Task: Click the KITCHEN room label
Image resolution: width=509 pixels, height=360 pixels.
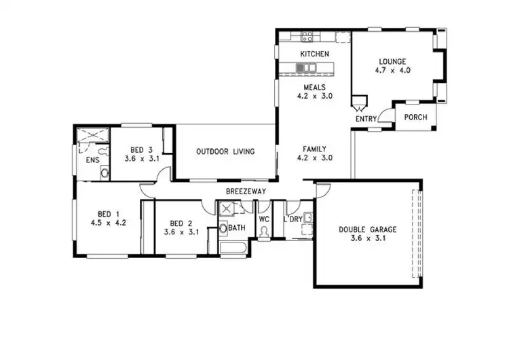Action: click(x=314, y=54)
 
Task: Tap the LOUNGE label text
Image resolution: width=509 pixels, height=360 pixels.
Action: click(x=392, y=60)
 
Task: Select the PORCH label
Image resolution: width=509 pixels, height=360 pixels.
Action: click(x=415, y=118)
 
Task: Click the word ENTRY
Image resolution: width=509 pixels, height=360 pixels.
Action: click(x=366, y=120)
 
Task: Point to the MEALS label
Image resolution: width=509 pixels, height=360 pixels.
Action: click(x=314, y=88)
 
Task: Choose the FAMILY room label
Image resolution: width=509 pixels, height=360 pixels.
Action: click(x=314, y=149)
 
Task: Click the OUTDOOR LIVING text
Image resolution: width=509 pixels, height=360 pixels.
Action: click(x=225, y=151)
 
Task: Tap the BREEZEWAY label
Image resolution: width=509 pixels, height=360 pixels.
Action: click(x=246, y=192)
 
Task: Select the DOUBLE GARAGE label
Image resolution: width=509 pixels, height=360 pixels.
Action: click(x=367, y=230)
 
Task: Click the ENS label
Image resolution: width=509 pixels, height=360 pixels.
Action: click(x=93, y=160)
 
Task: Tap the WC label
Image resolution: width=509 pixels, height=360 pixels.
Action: click(x=264, y=219)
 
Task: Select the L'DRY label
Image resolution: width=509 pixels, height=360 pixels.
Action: click(x=294, y=219)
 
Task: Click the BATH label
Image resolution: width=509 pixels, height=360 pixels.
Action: click(x=237, y=228)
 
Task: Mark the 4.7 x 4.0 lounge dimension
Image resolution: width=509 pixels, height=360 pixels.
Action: click(x=392, y=70)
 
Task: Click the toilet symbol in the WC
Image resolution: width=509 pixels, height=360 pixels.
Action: click(x=264, y=232)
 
